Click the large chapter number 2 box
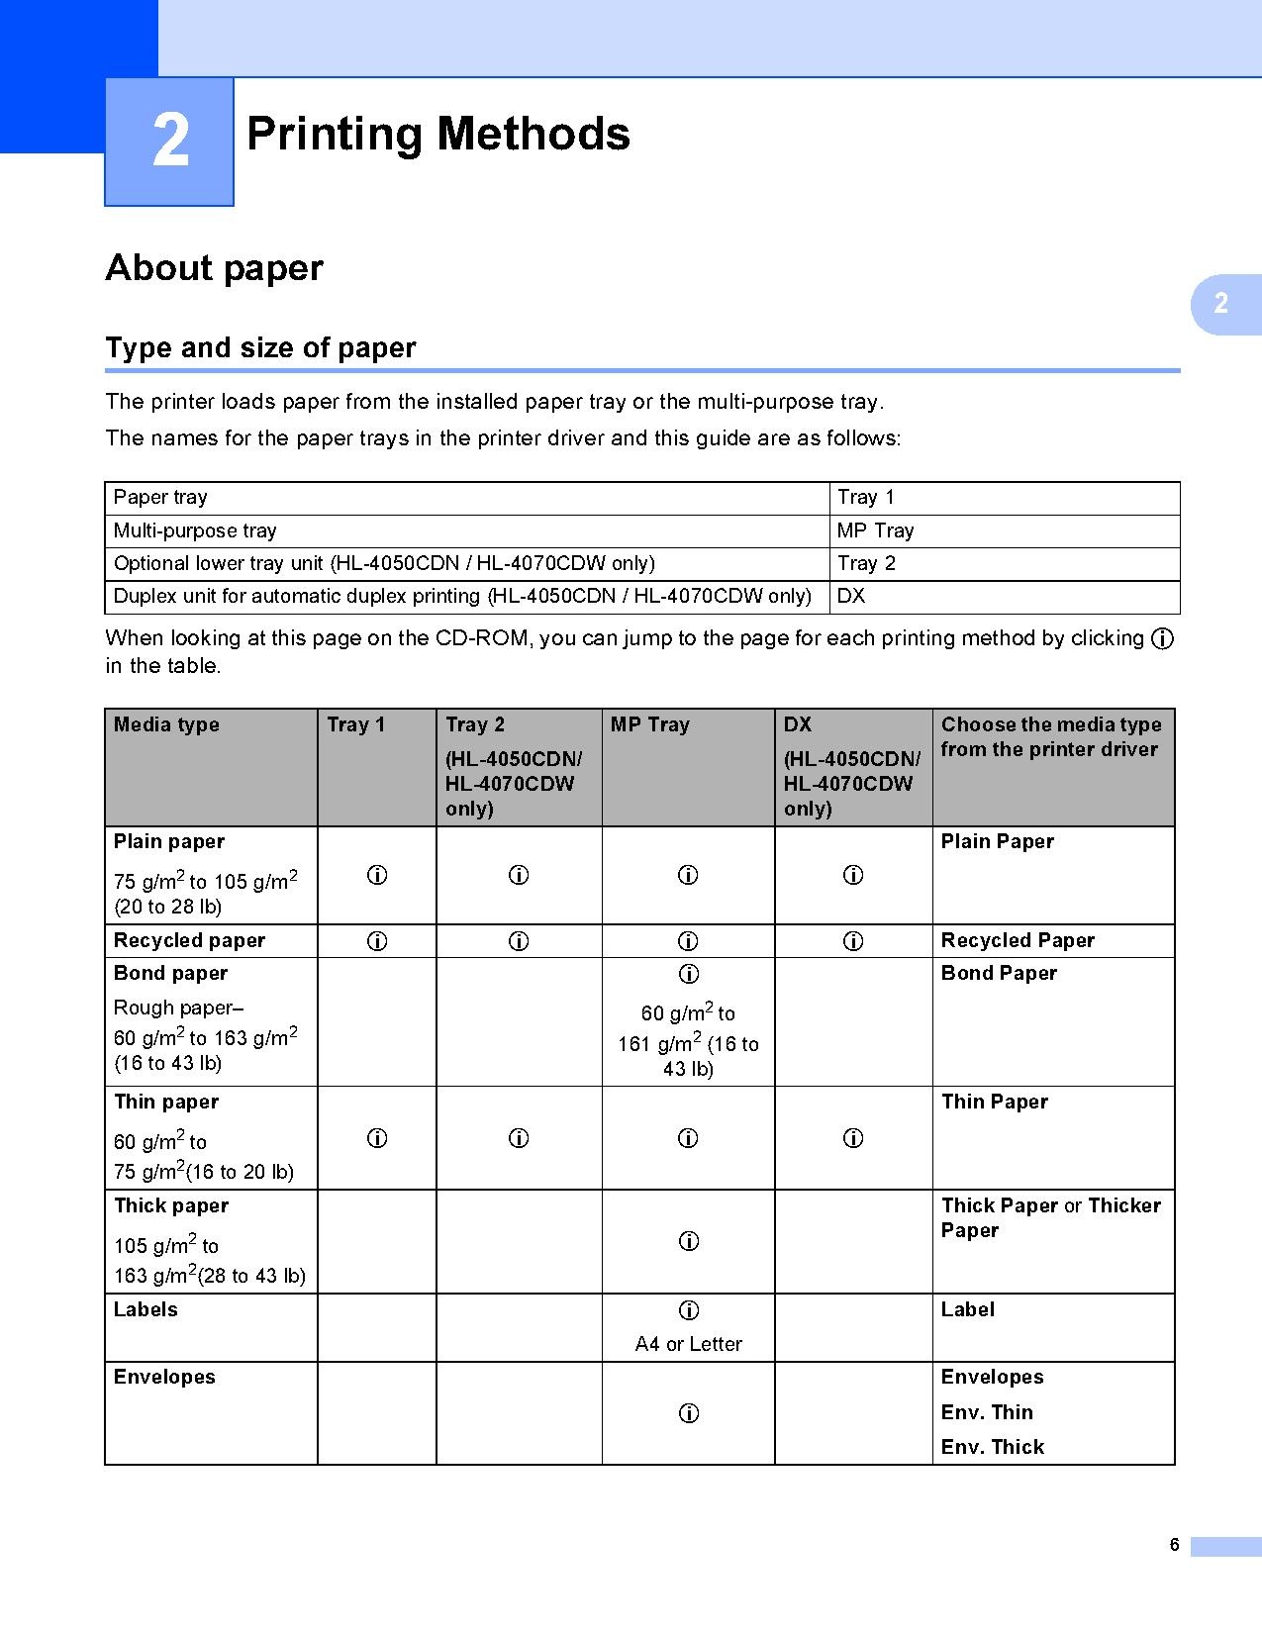pos(169,142)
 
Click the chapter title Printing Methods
pos(437,135)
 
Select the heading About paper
pos(214,268)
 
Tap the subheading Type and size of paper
pos(260,348)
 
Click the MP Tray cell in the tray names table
pos(875,530)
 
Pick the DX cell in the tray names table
pos(851,596)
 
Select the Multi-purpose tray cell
pos(195,530)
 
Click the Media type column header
pos(166,724)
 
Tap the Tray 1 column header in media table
pos(355,724)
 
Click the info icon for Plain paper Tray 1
pos(377,875)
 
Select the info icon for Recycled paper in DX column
pos(852,941)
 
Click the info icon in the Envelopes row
pos(689,1413)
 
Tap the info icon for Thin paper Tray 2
pos(519,1138)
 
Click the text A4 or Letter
pos(688,1344)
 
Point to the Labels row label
pos(146,1309)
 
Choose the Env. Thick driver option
pos(992,1447)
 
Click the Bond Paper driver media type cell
pos(999,973)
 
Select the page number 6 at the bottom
pos(1174,1545)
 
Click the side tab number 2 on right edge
pos(1221,304)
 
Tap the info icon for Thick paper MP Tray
pos(689,1241)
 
